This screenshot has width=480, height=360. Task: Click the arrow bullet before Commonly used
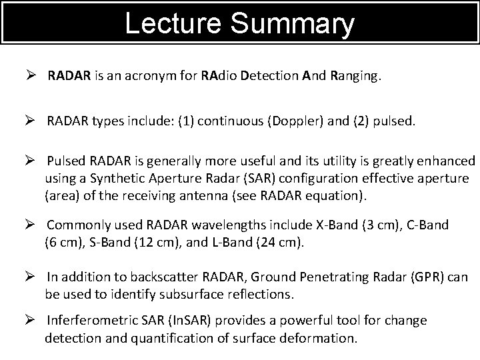pyautogui.click(x=29, y=225)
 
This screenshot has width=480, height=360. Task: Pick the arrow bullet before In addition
pyautogui.click(x=29, y=276)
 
